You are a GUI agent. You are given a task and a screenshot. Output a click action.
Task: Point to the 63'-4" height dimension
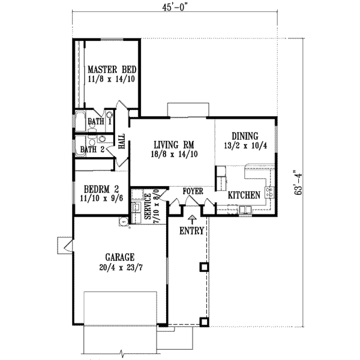tap(295, 185)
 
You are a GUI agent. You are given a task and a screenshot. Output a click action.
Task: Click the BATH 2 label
tap(93, 149)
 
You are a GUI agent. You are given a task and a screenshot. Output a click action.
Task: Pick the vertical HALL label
tap(122, 142)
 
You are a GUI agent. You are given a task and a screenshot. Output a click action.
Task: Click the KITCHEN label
tap(244, 195)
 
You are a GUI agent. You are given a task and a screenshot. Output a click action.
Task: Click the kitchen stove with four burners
tap(269, 193)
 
